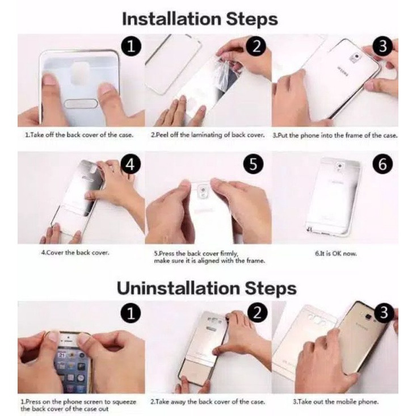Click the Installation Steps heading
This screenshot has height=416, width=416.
tap(200, 20)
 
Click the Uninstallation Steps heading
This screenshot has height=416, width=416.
tap(207, 288)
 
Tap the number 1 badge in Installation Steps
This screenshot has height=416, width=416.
tap(131, 47)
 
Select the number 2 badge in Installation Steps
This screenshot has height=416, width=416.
tap(256, 47)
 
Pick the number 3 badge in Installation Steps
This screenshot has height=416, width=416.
tap(383, 47)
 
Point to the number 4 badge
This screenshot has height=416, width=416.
tap(131, 165)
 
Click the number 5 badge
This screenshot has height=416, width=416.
tap(253, 164)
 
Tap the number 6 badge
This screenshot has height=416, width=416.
tap(383, 164)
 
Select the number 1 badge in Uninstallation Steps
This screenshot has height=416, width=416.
tap(131, 313)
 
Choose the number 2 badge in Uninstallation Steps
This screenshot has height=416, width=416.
tap(257, 313)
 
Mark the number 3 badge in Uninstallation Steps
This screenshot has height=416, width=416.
tap(384, 313)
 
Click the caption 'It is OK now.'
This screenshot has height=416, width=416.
tap(336, 254)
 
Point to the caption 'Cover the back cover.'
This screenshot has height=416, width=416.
tap(75, 253)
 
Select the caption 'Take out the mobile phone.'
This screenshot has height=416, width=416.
tap(335, 402)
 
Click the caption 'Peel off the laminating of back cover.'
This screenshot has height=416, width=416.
tap(208, 135)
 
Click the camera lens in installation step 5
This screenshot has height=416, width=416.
tap(204, 190)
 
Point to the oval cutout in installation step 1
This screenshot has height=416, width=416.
tap(81, 104)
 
